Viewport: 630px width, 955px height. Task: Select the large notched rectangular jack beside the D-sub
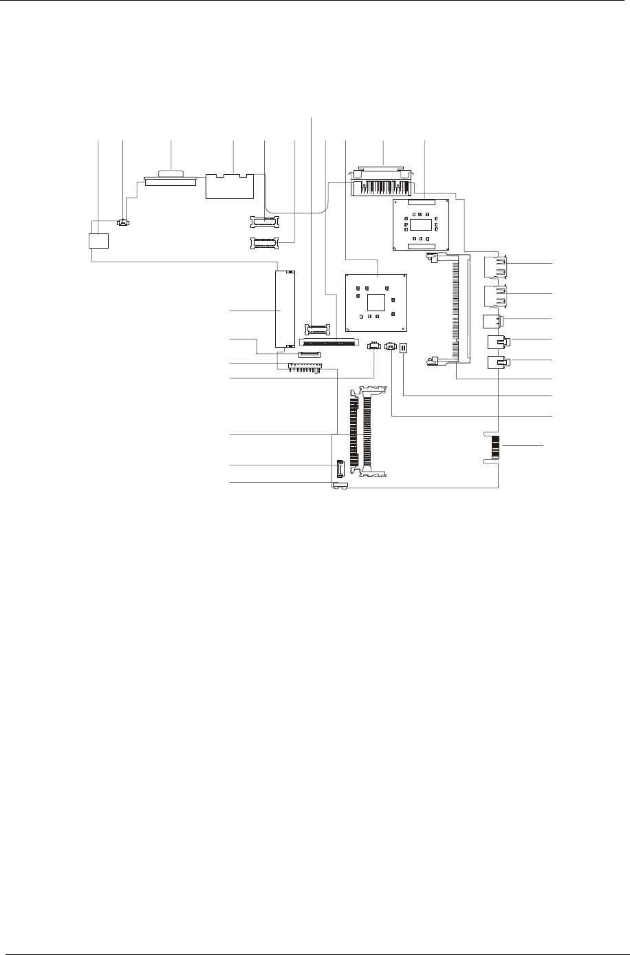tap(230, 186)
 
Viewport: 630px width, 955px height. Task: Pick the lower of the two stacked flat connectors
tap(263, 242)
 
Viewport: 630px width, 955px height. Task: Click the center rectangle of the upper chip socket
tap(421, 224)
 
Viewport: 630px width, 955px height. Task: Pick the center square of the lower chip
tap(375, 302)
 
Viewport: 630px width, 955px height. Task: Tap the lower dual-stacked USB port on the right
tap(497, 297)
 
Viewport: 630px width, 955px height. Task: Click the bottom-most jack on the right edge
tap(497, 364)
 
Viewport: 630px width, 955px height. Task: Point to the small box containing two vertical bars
tap(403, 348)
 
